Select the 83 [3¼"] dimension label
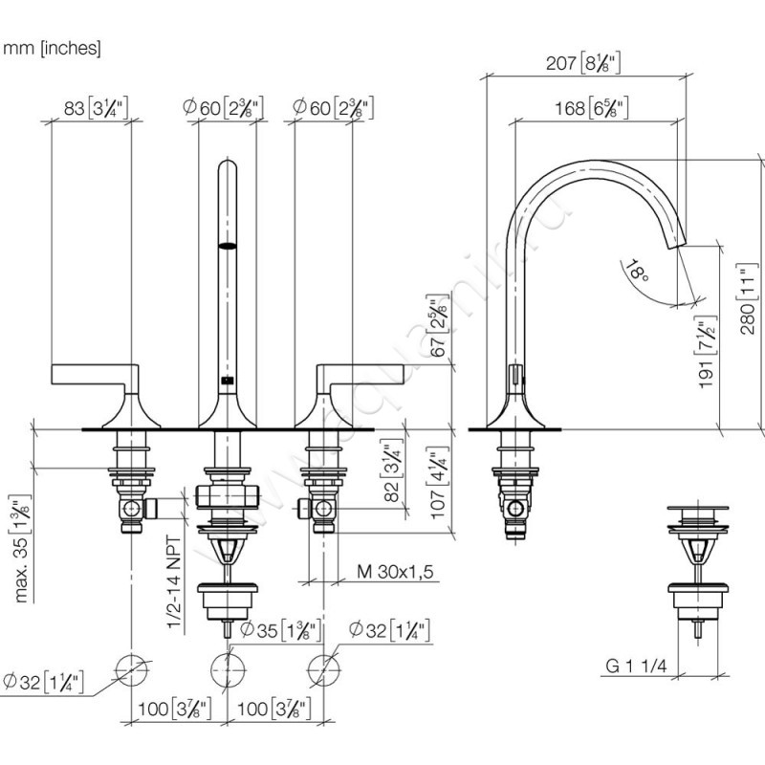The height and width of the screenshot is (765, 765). [96, 108]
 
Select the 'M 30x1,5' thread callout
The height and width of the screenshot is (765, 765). [395, 572]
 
